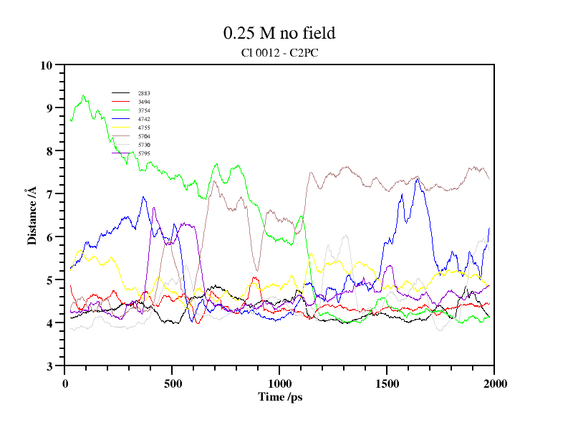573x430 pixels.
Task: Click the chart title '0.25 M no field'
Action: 279,33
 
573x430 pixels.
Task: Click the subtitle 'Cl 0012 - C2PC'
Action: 279,52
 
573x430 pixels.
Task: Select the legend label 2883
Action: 144,93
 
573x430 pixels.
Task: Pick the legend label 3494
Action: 144,102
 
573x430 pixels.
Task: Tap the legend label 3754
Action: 144,110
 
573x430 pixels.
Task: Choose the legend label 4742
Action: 144,119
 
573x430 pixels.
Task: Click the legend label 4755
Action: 144,128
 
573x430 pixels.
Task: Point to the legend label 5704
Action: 144,136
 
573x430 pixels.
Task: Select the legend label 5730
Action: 144,145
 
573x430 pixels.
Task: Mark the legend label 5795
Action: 144,153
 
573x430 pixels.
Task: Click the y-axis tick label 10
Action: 47,65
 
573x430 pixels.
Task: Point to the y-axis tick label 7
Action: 50,194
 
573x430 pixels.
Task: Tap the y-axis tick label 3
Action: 50,366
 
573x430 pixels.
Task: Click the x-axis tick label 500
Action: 172,383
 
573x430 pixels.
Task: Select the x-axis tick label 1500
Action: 387,383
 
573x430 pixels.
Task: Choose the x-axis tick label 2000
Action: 494,383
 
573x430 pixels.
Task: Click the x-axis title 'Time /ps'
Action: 279,396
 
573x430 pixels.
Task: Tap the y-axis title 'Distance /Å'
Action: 32,216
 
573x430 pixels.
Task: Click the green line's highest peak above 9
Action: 84,95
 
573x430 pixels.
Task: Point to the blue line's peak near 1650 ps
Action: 417,178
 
